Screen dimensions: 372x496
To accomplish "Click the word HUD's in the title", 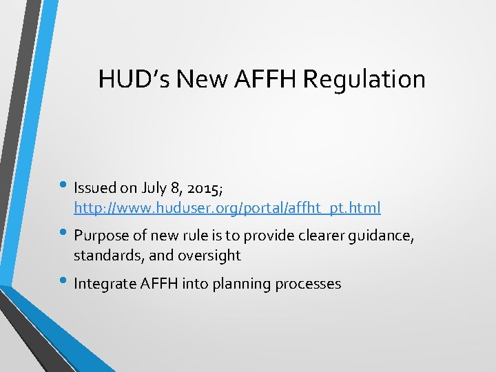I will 134,79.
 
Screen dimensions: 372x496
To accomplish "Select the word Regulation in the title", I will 364,79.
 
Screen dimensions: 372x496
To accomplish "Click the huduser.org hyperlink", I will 227,207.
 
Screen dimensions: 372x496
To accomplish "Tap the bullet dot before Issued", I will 63,186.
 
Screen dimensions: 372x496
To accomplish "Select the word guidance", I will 382,236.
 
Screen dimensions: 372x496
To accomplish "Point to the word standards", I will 103,256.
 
